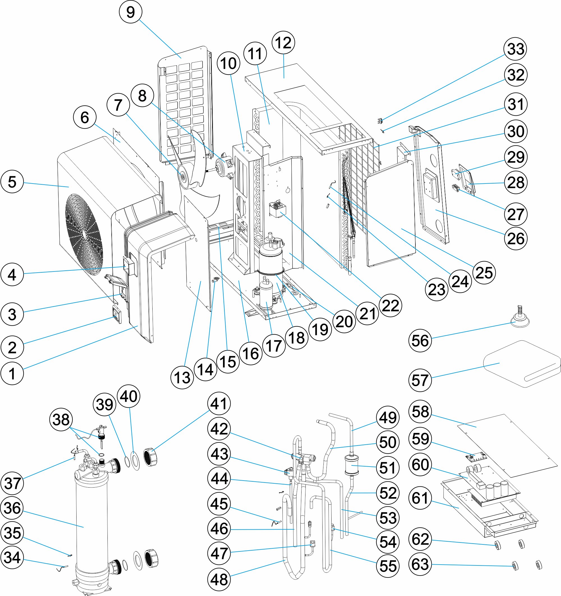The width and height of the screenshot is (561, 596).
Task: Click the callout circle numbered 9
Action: click(x=130, y=12)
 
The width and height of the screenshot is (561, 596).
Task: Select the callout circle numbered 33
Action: click(x=515, y=49)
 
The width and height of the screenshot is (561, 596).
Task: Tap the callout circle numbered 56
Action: click(x=420, y=340)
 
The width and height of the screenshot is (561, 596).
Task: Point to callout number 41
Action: click(x=219, y=403)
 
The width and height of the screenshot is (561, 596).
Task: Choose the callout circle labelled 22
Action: click(x=390, y=306)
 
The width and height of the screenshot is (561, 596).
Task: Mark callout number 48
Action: click(x=219, y=579)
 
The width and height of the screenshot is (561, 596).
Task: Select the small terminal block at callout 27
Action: click(x=456, y=188)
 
